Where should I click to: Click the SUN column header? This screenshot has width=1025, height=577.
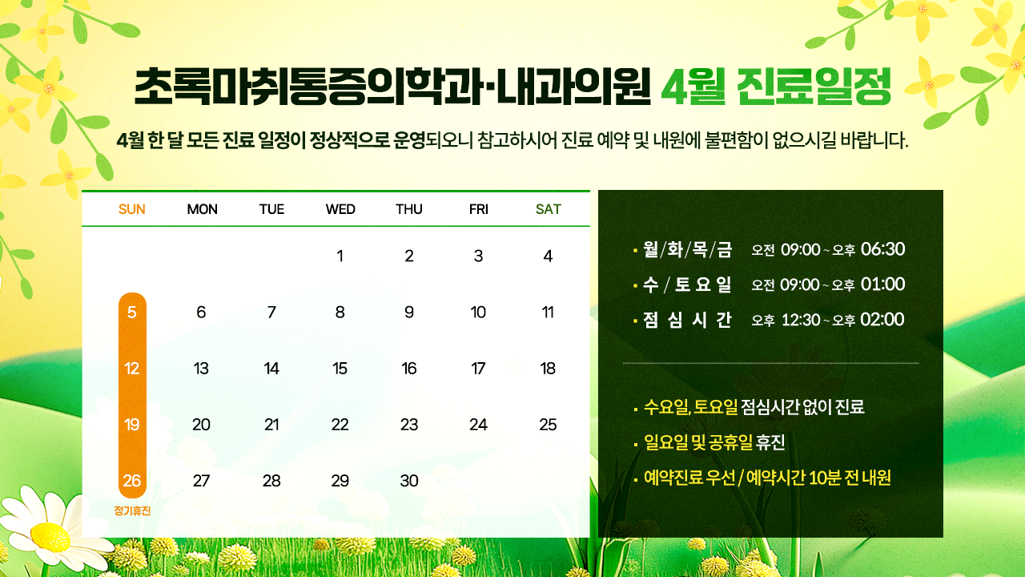coord(132,209)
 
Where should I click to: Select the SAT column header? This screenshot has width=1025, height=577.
coord(549,209)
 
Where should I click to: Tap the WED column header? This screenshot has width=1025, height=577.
coord(340,209)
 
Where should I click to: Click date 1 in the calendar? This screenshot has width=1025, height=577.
coord(340,256)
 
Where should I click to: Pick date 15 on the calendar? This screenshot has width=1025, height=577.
coord(340,369)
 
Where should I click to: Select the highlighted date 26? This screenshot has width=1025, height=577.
coord(132,481)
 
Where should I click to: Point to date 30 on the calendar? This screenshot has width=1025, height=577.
coord(409,481)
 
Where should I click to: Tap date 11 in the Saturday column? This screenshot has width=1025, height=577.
coord(548,313)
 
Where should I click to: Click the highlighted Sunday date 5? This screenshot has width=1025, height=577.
coord(132,313)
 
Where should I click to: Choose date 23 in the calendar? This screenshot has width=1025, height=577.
coord(409,425)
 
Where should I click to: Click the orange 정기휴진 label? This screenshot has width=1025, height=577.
coord(132,510)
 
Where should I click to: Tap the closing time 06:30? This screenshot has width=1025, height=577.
coord(882,249)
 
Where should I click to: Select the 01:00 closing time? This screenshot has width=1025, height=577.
coord(882,284)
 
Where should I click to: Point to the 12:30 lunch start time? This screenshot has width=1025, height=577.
coord(801,320)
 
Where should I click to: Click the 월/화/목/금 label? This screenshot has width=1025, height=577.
coord(687,249)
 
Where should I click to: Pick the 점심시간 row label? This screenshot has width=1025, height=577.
coord(687,320)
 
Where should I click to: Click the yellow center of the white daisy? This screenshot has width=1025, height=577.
coord(50,536)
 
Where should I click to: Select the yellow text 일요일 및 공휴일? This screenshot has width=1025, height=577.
coord(698,442)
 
